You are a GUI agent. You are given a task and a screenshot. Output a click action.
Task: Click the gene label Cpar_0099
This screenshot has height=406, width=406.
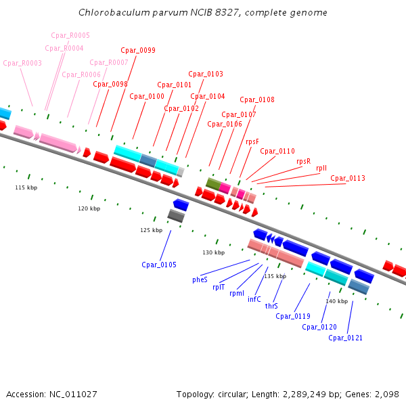pyautogui.click(x=138, y=51)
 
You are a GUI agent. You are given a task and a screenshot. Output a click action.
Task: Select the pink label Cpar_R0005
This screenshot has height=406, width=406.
pyautogui.click(x=70, y=35)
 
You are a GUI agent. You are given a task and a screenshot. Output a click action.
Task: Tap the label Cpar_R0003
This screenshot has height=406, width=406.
pyautogui.click(x=22, y=64)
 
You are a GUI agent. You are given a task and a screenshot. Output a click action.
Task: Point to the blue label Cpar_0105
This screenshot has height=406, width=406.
pyautogui.click(x=159, y=265)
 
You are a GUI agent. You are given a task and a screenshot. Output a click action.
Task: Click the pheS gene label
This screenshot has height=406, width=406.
pyautogui.click(x=200, y=279)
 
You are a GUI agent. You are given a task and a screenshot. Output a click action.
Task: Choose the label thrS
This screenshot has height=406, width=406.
pyautogui.click(x=271, y=306)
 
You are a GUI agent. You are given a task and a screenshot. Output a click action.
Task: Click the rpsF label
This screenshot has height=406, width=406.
pyautogui.click(x=252, y=142)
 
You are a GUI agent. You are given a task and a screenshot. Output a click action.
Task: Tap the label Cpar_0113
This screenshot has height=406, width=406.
pyautogui.click(x=348, y=179)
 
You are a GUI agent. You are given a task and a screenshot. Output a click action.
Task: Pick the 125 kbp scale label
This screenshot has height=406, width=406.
pyautogui.click(x=151, y=230)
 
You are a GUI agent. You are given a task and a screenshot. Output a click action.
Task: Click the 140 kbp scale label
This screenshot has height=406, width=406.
pyautogui.click(x=336, y=301)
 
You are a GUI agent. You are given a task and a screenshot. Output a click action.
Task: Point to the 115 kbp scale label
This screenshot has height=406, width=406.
pyautogui.click(x=26, y=187)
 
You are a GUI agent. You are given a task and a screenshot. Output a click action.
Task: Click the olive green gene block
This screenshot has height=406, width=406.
pyautogui.click(x=212, y=183)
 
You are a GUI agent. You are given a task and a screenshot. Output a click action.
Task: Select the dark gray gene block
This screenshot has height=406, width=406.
pyautogui.click(x=176, y=216)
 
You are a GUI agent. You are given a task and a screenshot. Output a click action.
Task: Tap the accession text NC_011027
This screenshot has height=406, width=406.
pyautogui.click(x=72, y=394)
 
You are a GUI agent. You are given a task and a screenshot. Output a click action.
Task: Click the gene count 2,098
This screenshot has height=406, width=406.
pyautogui.click(x=386, y=394)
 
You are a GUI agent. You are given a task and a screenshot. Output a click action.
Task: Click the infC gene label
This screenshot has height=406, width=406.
pyautogui.click(x=254, y=299)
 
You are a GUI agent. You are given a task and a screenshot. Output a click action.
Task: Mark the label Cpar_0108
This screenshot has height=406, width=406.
pyautogui.click(x=257, y=100)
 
